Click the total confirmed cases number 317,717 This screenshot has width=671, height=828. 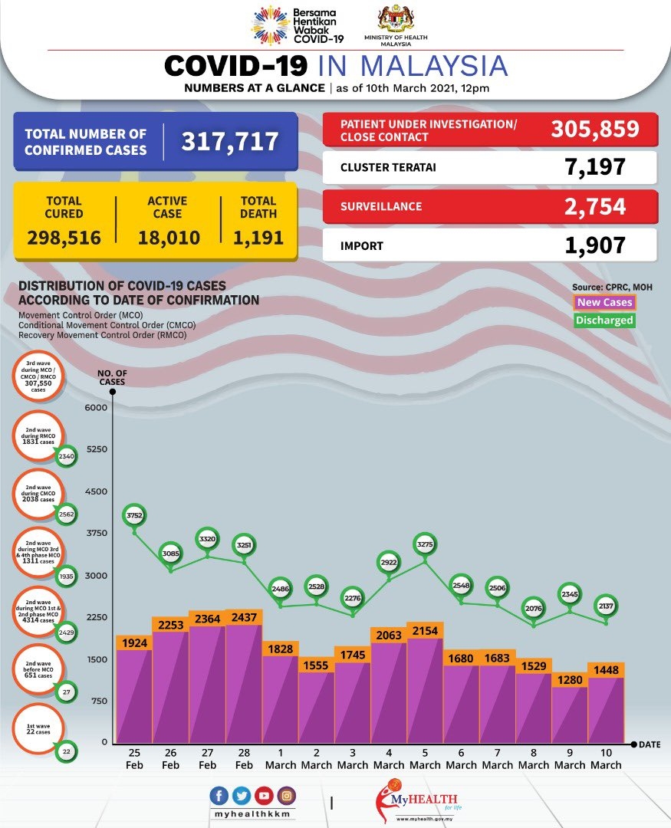click(x=230, y=141)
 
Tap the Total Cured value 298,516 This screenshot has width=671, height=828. click(x=64, y=238)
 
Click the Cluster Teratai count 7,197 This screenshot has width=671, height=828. click(x=594, y=166)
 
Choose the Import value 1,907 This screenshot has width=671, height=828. click(x=594, y=245)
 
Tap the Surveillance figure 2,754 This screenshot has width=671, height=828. click(x=594, y=206)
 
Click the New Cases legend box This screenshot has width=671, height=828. click(x=604, y=303)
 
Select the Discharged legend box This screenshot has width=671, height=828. click(x=604, y=320)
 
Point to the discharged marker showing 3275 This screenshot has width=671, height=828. click(x=425, y=545)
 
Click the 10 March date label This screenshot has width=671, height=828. click(x=606, y=759)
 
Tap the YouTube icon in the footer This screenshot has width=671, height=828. click(x=263, y=796)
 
